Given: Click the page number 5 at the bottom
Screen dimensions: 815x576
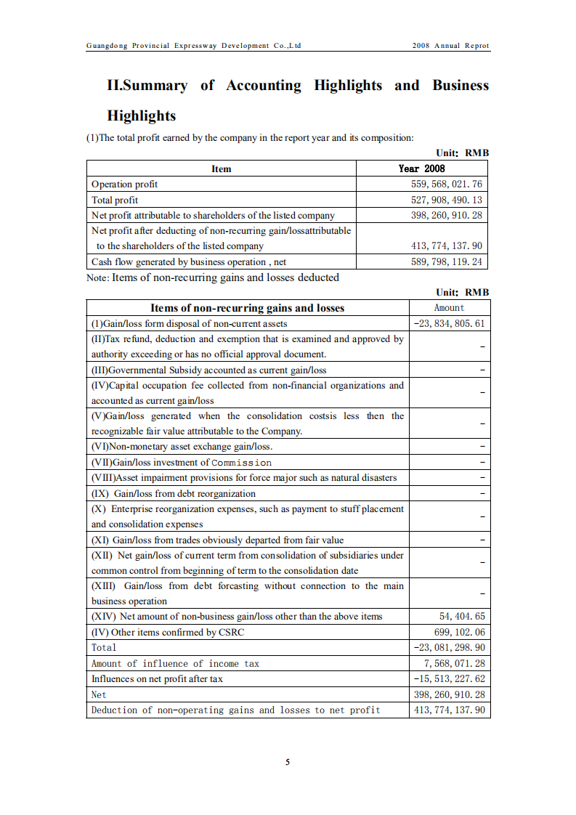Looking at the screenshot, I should pos(288,762).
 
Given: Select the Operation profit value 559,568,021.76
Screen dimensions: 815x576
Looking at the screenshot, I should pos(446,185).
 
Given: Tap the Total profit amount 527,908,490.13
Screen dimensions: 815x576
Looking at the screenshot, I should pos(446,200).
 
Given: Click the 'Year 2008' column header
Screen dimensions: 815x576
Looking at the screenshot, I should pos(421,169).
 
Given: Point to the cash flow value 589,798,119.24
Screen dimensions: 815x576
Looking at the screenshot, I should pos(446,261).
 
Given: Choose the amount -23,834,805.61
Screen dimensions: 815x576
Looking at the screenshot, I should pos(449,323).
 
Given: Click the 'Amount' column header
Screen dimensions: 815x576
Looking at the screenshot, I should pos(449,308).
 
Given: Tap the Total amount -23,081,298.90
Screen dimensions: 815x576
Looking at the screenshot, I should pos(449,647).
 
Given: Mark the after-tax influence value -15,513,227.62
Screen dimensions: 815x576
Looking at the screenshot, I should pos(449,678).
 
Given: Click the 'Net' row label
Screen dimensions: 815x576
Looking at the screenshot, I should pos(99,694).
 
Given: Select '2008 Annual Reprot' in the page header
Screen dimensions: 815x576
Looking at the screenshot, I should pos(450,46).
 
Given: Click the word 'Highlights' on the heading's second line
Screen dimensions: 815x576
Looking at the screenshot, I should pos(142,115).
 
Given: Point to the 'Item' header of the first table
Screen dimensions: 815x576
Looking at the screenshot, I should pos(222,169).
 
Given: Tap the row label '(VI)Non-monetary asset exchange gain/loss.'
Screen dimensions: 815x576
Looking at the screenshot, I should pos(182,447).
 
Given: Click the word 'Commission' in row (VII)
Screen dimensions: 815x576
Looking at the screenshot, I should pos(241,463).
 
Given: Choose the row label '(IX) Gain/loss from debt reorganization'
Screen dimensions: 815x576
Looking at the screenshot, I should pos(173,493).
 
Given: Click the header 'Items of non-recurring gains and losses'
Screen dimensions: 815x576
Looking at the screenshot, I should pos(247,308).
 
